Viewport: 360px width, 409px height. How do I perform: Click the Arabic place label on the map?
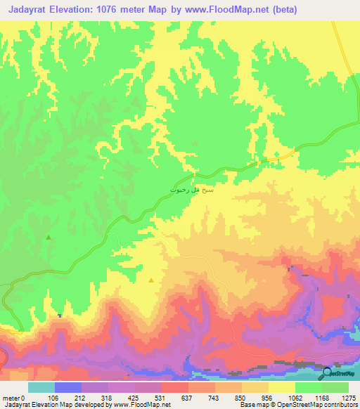191,190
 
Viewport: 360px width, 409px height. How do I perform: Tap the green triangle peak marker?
49,238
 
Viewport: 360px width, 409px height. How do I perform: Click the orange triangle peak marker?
151,280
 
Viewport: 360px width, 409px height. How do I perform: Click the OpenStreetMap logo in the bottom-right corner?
338,373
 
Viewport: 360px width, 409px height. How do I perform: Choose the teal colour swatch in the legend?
41,387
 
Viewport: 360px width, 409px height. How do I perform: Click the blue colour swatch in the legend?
67,387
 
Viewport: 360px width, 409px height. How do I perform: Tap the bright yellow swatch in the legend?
281,387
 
